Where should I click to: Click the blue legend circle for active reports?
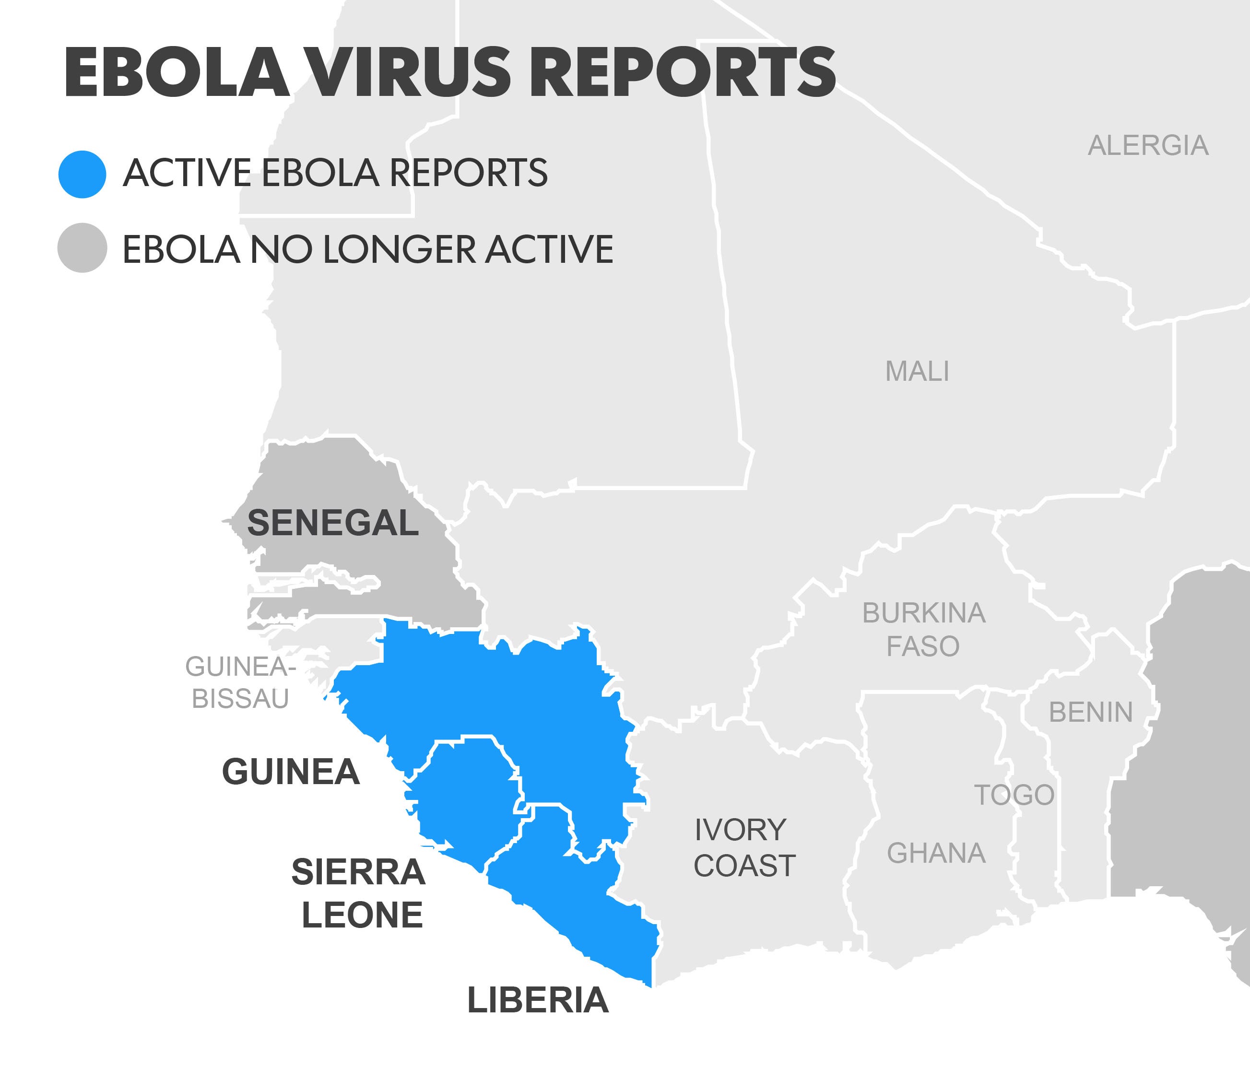pos(82,174)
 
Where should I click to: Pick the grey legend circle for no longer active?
pos(82,248)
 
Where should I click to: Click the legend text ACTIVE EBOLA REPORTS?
pos(335,173)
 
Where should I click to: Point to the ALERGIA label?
pos(1148,146)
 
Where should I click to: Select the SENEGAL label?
pos(332,522)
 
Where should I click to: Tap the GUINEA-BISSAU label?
pos(240,682)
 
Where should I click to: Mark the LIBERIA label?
pos(538,1000)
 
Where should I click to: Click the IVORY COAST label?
pos(743,848)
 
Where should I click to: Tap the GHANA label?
pos(936,853)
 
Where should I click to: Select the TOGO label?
pos(1014,795)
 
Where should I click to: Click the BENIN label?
pos(1091,712)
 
